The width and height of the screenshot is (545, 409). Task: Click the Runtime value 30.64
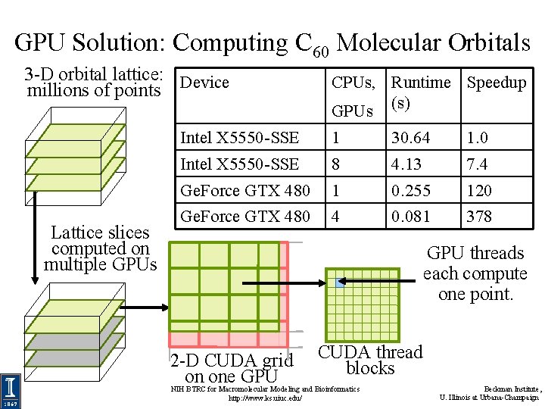(x=410, y=138)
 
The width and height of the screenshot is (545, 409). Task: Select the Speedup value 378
(x=479, y=217)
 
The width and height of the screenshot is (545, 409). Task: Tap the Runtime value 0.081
(x=410, y=217)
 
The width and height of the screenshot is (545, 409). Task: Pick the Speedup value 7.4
(x=477, y=164)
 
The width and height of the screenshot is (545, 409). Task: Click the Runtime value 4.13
(x=406, y=164)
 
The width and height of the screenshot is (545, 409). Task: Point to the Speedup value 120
(x=479, y=191)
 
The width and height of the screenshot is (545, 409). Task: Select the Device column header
(x=205, y=83)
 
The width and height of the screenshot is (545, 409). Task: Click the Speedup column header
(x=497, y=83)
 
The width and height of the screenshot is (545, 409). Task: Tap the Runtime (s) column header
(x=420, y=92)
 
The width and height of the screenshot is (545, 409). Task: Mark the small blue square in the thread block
(x=340, y=283)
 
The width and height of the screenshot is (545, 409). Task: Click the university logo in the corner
(x=11, y=392)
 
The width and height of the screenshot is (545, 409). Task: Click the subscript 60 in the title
(x=319, y=52)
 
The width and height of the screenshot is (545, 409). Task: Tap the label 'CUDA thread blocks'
(x=370, y=361)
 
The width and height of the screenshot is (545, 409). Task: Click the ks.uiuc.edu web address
(x=265, y=398)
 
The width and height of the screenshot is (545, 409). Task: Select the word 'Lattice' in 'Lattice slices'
(x=74, y=233)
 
